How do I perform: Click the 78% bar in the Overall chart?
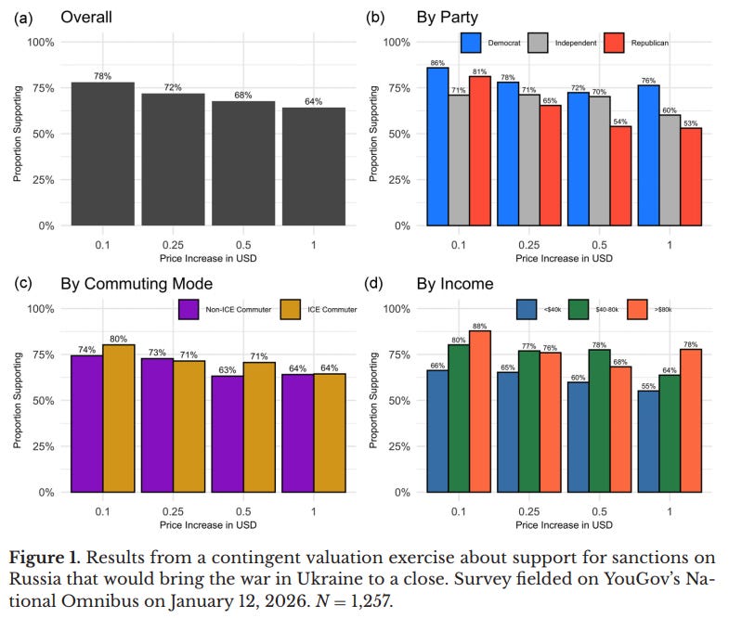103,154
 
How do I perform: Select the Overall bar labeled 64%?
314,167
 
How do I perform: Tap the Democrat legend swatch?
471,43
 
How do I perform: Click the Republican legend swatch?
614,43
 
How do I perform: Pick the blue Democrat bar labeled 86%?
438,147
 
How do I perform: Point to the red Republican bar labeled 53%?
691,177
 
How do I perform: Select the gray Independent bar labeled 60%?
670,171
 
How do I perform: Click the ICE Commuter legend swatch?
291,310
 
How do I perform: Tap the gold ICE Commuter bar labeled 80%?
119,418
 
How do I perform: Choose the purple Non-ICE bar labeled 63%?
228,434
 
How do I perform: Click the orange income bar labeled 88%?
480,412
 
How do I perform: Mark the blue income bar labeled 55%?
648,442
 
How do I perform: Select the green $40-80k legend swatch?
579,310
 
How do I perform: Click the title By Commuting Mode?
137,284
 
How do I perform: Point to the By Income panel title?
455,284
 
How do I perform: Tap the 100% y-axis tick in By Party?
397,43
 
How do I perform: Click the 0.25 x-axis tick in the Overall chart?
173,245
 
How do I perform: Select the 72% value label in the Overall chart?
173,87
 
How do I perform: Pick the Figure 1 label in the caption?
45,558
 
